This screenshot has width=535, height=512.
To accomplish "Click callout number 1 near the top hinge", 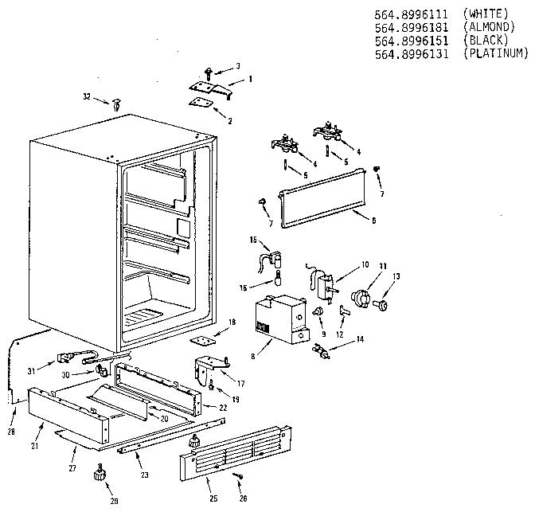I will pyautogui.click(x=249, y=79).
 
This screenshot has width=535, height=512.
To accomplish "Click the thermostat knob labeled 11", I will pyautogui.click(x=363, y=299).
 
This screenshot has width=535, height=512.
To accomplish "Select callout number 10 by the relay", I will pyautogui.click(x=366, y=264).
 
